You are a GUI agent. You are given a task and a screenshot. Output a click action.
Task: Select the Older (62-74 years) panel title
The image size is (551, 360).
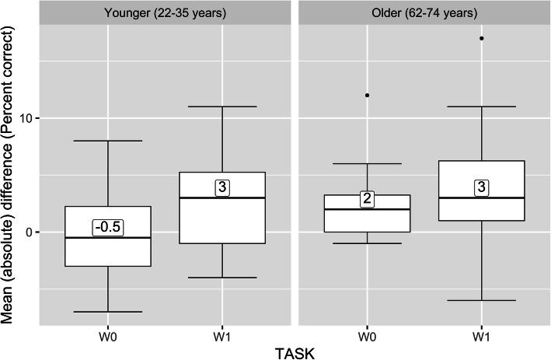(424, 12)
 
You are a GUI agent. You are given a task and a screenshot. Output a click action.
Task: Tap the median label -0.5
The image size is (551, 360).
(108, 227)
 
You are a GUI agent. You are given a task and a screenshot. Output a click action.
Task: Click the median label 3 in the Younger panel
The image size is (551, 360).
(222, 187)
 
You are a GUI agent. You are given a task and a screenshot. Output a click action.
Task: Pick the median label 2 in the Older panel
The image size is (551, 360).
(367, 199)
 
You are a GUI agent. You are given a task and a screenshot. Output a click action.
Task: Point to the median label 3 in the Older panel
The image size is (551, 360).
(482, 187)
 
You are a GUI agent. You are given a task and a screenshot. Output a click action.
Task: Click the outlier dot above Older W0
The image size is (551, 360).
(367, 95)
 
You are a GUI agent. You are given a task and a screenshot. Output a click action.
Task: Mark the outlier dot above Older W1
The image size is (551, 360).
(482, 38)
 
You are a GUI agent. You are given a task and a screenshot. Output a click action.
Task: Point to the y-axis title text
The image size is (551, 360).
(9, 173)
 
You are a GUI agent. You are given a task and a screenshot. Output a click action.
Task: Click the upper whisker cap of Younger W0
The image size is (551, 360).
(107, 141)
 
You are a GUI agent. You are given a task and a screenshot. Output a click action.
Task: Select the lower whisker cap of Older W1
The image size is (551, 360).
(482, 300)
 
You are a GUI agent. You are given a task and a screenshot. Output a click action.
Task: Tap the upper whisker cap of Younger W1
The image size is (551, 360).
(222, 107)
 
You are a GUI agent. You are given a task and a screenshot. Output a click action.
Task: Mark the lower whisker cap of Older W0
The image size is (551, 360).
(367, 243)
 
